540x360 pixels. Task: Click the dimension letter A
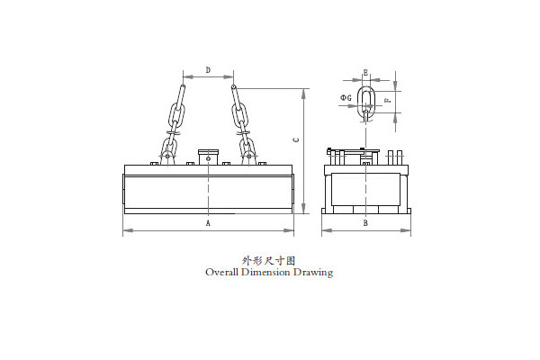pyautogui.click(x=208, y=223)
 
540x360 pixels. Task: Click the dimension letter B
pyautogui.click(x=365, y=223)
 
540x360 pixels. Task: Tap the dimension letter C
pyautogui.click(x=295, y=139)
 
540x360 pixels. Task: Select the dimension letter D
pyautogui.click(x=208, y=70)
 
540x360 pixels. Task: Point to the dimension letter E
pyautogui.click(x=365, y=72)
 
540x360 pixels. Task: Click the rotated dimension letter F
pyautogui.click(x=387, y=100)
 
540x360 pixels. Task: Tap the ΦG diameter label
pyautogui.click(x=346, y=98)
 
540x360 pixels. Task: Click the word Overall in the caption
pyautogui.click(x=221, y=272)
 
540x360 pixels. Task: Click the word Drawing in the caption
pyautogui.click(x=313, y=273)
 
